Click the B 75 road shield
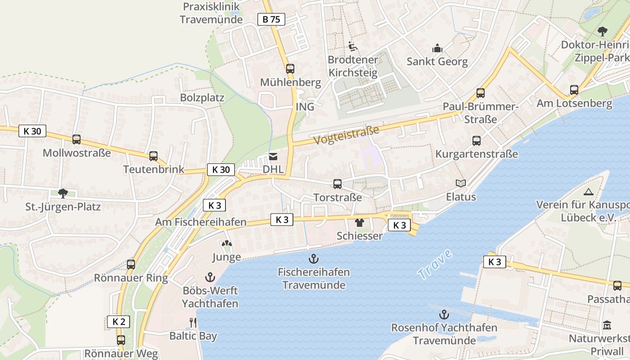coord(271,19)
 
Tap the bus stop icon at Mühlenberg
coord(290,69)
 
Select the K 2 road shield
coord(118,322)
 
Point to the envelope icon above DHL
coord(273,157)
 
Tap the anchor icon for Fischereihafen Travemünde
coord(313,259)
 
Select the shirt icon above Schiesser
coord(359,222)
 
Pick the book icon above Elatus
coord(460,183)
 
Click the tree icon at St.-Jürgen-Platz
coord(63,193)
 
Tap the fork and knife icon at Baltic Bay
coord(193,322)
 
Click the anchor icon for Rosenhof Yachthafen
coord(444,314)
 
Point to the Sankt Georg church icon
coord(437,48)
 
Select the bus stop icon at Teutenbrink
coord(153,156)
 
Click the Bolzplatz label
coord(202,98)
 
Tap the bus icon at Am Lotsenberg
coord(574,90)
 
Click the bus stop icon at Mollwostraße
coord(76,139)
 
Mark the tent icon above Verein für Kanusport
coord(588,192)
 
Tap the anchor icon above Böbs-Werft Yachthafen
coord(210,277)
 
